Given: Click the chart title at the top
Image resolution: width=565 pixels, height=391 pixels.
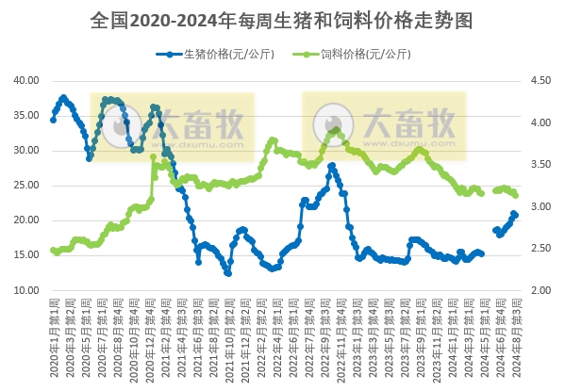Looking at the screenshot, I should pos(282,19).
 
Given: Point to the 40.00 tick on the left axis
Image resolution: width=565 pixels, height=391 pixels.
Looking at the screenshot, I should pos(25,81).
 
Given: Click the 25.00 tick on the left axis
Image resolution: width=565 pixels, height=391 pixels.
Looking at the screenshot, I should pos(25,186).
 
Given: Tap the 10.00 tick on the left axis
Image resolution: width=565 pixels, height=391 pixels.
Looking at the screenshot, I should pos(25,290).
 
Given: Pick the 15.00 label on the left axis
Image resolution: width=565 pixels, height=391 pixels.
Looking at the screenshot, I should pos(25,255).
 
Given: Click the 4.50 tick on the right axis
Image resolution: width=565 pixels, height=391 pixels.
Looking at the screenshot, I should pos(542,81).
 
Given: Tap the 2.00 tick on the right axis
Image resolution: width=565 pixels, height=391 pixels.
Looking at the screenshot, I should pos(542,290).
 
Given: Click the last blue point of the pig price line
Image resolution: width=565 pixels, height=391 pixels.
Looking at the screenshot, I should pos(515,215).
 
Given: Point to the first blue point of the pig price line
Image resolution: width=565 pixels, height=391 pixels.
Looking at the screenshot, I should pos(53,120).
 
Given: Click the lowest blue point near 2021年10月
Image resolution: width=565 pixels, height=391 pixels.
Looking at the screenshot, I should pos(228,273).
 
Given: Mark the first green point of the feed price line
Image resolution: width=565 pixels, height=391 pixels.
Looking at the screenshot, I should pos(53,250).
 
